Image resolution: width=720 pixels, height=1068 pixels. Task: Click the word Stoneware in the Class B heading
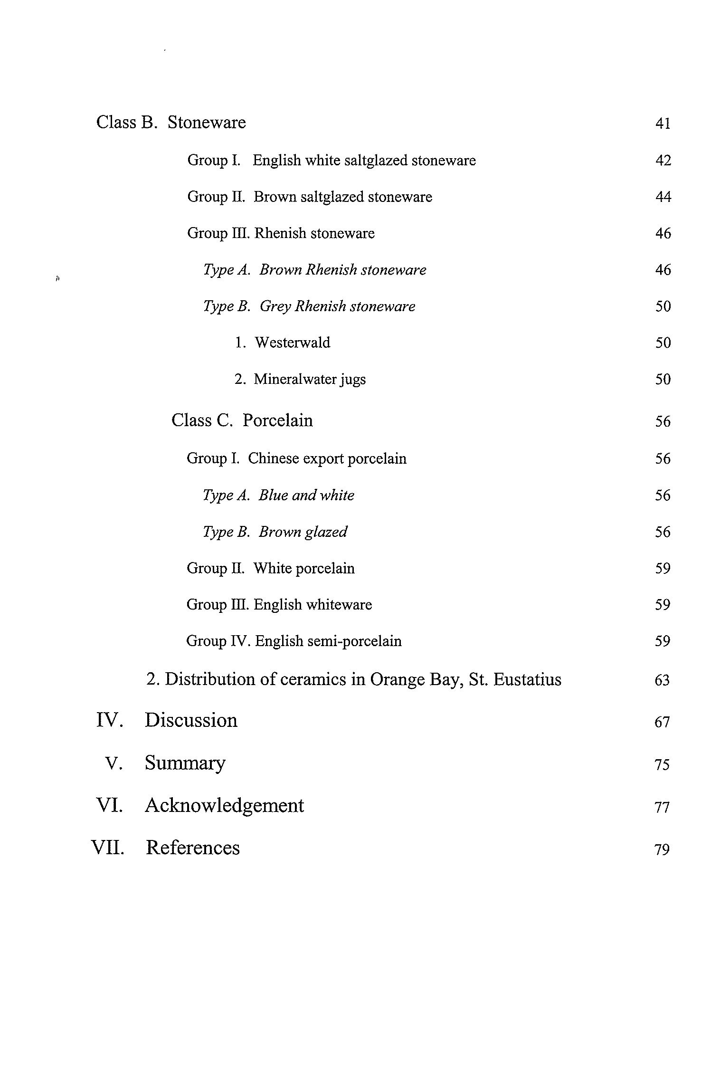pyautogui.click(x=207, y=123)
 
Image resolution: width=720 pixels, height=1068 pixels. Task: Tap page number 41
pyautogui.click(x=663, y=124)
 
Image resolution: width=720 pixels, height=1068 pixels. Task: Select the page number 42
pyautogui.click(x=663, y=161)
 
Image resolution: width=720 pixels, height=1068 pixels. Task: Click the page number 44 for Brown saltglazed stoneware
pyautogui.click(x=663, y=197)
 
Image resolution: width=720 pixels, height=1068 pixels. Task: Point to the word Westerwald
pyautogui.click(x=292, y=343)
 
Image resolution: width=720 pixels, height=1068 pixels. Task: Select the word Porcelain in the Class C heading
pyautogui.click(x=277, y=420)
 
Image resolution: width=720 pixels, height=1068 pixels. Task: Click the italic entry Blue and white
pyautogui.click(x=306, y=495)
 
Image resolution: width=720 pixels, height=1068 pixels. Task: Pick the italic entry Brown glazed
pyautogui.click(x=303, y=532)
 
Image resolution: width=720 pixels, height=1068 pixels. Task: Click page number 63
pyautogui.click(x=662, y=680)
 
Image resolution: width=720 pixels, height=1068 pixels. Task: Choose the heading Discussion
pyautogui.click(x=191, y=720)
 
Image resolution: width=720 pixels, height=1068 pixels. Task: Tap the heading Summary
pyautogui.click(x=185, y=763)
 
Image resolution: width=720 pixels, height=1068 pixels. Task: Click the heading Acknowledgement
pyautogui.click(x=224, y=805)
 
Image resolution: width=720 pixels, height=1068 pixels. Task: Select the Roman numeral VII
pyautogui.click(x=108, y=848)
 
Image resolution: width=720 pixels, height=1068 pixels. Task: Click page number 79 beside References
pyautogui.click(x=662, y=849)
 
